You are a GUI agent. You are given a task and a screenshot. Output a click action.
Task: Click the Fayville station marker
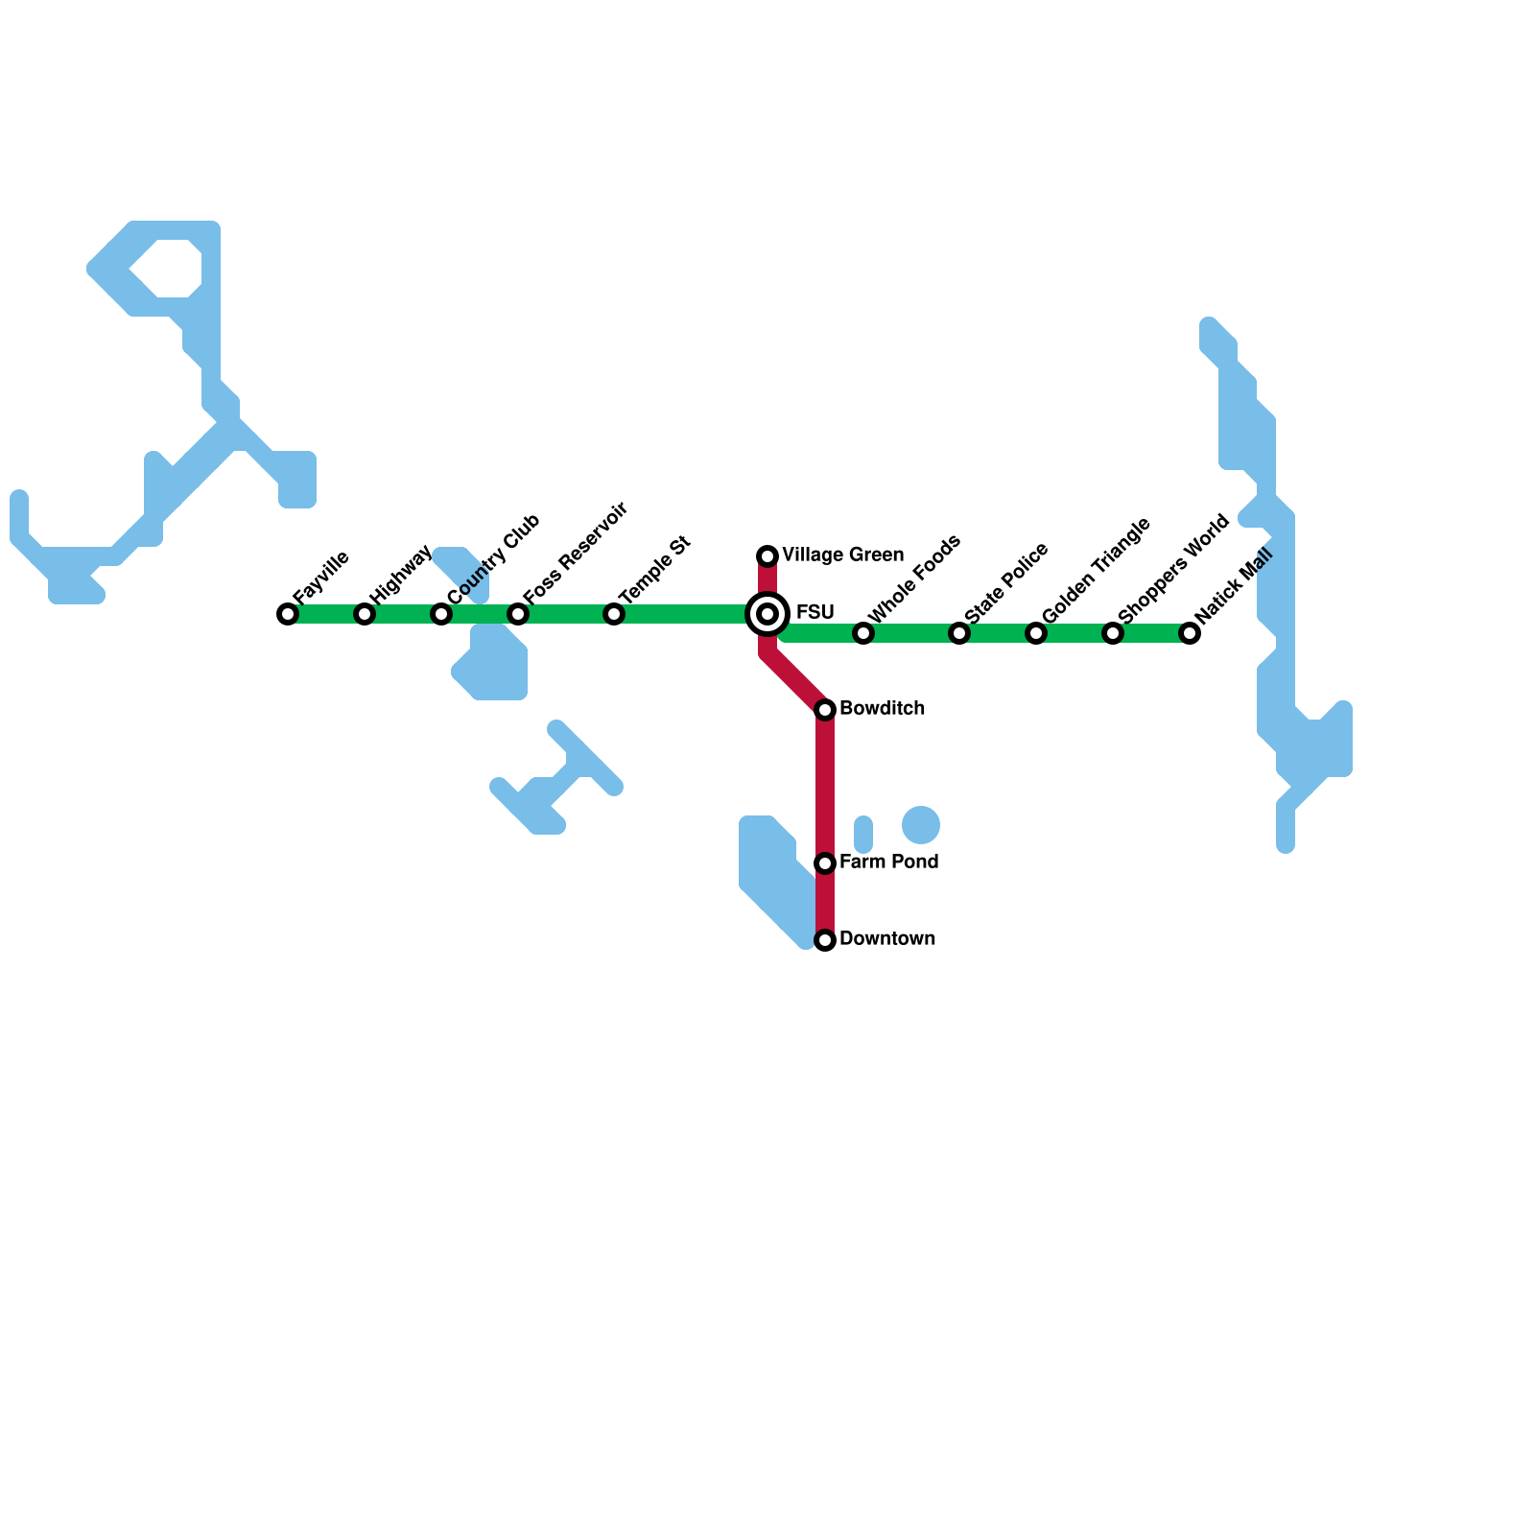288,614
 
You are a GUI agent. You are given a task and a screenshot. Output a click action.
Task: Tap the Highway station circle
365,614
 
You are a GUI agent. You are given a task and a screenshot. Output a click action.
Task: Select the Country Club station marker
441,614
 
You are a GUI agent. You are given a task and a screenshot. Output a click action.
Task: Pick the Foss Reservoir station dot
518,614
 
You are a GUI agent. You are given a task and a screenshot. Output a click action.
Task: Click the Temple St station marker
614,614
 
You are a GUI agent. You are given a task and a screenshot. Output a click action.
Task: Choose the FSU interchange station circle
767,614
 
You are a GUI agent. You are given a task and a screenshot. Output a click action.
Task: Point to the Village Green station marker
767,556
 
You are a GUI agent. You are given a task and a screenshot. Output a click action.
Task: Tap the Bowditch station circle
825,710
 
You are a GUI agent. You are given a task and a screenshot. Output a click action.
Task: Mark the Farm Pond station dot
825,863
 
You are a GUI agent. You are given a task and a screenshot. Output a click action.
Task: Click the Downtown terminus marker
825,940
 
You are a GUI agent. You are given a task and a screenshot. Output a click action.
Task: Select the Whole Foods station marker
863,633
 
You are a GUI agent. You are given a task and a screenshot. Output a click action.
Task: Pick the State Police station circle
959,633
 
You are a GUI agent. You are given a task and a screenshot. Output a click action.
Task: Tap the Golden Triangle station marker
1036,633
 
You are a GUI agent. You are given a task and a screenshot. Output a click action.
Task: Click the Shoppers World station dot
1113,633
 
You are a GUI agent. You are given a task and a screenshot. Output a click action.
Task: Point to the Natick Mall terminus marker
1190,633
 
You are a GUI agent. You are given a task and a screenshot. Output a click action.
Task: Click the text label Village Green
842,555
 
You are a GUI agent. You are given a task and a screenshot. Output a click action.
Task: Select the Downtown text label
886,939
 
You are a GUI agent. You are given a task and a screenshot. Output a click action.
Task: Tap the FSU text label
815,613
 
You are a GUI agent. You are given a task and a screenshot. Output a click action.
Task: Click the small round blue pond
921,825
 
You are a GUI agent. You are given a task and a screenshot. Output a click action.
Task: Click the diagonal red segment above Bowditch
796,681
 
